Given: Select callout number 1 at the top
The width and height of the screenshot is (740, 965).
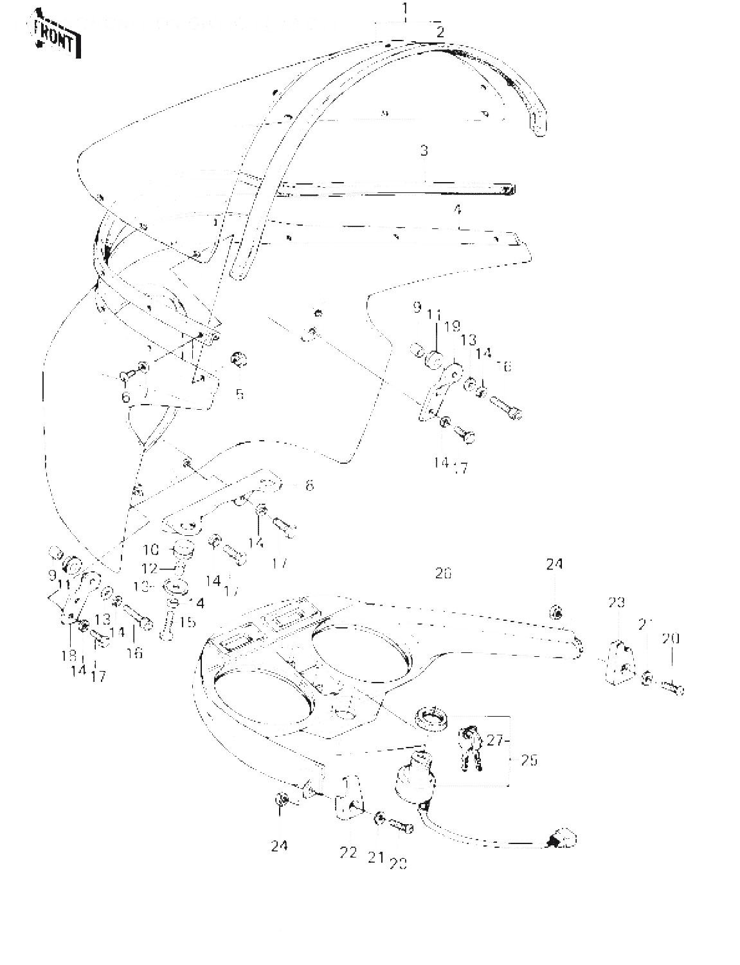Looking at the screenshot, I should pos(405,9).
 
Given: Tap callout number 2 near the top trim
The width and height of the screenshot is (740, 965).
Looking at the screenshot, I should pos(440,32).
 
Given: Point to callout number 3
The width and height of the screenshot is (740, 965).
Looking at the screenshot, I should pos(424,151).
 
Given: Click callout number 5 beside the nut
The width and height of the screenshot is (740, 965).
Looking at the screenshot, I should pos(239,394).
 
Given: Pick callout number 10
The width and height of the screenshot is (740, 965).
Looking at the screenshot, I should pos(150,550).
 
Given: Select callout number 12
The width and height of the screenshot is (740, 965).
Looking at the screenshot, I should pos(149,569).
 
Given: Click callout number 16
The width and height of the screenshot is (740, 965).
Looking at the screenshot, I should pos(135,654).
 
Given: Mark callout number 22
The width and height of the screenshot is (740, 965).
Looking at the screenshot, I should pos(348,852).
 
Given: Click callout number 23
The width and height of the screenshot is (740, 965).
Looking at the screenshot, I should pos(617,603).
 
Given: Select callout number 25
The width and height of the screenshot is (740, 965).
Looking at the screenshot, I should pos(529,760).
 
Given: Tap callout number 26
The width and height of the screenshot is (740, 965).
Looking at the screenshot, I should pos(443,573).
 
